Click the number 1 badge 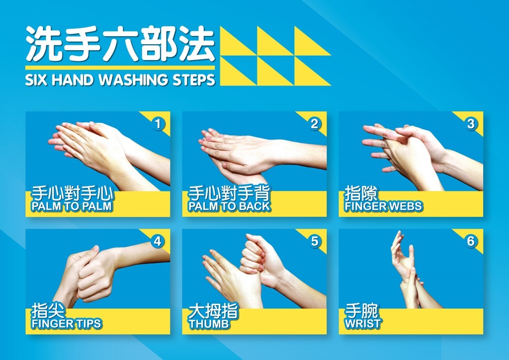[x=158, y=124]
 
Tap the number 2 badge [x=314, y=124]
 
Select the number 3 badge [x=471, y=124]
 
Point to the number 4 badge [x=158, y=242]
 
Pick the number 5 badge [x=315, y=242]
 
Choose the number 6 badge [x=471, y=242]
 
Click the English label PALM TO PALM [x=72, y=206]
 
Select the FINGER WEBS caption [x=383, y=206]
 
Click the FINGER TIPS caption [x=66, y=324]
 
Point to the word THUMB [x=209, y=324]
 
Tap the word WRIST [x=363, y=324]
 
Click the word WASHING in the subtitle [x=133, y=80]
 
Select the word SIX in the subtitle [x=36, y=80]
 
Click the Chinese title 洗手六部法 [x=120, y=44]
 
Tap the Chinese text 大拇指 [x=213, y=311]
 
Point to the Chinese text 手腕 [x=361, y=311]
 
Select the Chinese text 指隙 [x=361, y=193]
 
